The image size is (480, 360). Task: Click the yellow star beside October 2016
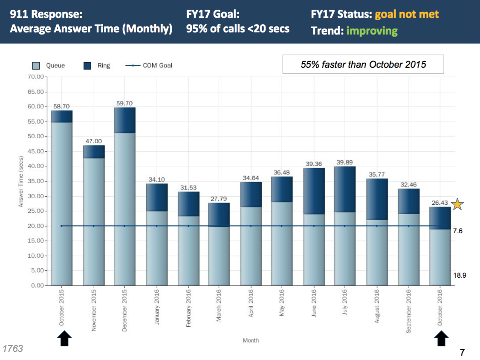pyautogui.click(x=457, y=204)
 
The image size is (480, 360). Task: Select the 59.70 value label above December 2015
pyautogui.click(x=124, y=103)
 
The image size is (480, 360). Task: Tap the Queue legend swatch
pyautogui.click(x=37, y=66)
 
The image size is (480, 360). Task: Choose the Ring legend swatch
pyautogui.click(x=88, y=66)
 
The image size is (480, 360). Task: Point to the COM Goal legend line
pyautogui.click(x=133, y=66)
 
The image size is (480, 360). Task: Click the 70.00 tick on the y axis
pyautogui.click(x=36, y=77)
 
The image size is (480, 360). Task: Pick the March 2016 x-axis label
pyautogui.click(x=219, y=308)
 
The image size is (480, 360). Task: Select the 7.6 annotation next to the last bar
pyautogui.click(x=457, y=231)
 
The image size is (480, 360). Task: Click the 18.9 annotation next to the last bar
pyautogui.click(x=459, y=276)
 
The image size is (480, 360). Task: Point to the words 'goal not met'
pyautogui.click(x=407, y=15)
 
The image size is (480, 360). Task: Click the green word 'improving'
pyautogui.click(x=372, y=31)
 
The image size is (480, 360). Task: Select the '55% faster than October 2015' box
pyautogui.click(x=363, y=64)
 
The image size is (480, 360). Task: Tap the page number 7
pyautogui.click(x=462, y=352)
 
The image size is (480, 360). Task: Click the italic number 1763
pyautogui.click(x=13, y=348)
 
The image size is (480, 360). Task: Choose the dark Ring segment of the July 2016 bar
pyautogui.click(x=344, y=189)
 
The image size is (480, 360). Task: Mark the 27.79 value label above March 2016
pyautogui.click(x=219, y=199)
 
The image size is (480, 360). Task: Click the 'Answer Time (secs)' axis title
pyautogui.click(x=20, y=181)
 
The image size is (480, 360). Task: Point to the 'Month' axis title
pyautogui.click(x=251, y=340)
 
